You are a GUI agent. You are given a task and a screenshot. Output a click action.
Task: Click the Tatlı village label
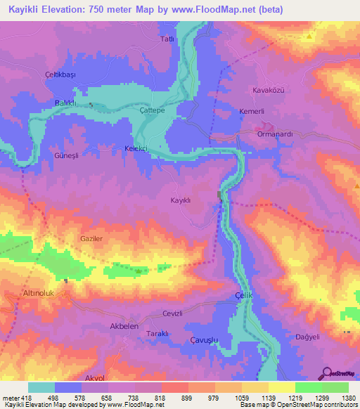(x=167, y=39)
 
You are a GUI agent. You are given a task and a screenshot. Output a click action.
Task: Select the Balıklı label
(x=66, y=103)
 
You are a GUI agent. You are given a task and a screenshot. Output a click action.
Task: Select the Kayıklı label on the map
(x=181, y=200)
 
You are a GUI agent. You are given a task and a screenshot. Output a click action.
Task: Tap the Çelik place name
(x=243, y=296)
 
